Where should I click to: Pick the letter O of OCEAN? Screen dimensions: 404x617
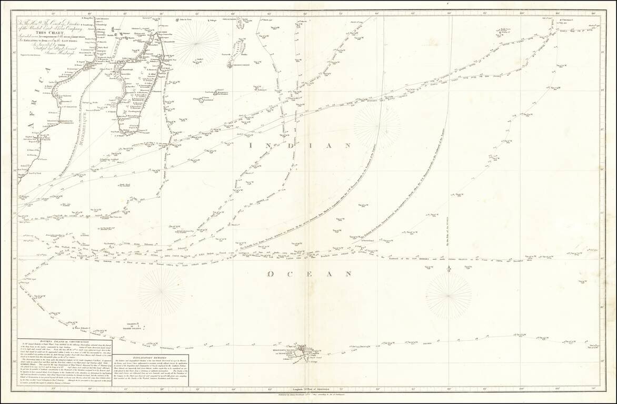[x=271, y=274]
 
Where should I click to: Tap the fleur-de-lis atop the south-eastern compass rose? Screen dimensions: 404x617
[x=449, y=269]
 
